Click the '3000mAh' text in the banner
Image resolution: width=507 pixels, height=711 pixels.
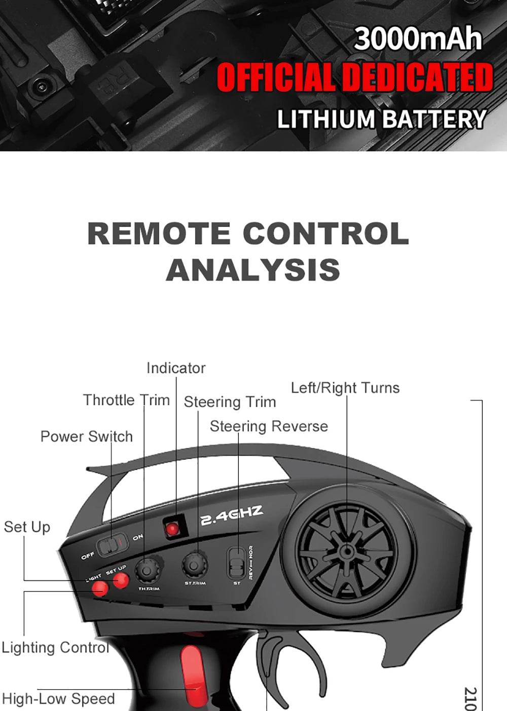pos(417,39)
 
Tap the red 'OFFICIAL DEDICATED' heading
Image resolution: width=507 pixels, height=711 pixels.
pos(354,78)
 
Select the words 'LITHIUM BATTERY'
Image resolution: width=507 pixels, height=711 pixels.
pos(381,120)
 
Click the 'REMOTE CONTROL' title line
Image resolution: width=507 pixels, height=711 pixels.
pos(248,233)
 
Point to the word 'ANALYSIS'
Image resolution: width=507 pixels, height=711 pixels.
pos(252,269)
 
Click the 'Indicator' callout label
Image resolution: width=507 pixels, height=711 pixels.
pos(176,368)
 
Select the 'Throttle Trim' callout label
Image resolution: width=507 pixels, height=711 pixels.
pos(126,400)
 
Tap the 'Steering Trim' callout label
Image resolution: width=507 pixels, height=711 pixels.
pos(230,402)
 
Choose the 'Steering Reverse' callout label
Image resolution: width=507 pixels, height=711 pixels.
pos(269,426)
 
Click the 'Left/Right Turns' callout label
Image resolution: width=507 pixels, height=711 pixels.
pos(345,388)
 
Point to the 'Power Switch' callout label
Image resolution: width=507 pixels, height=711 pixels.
pos(86,437)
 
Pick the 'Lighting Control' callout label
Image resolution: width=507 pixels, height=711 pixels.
pos(55,648)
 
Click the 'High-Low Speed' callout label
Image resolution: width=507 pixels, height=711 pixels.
pos(58,699)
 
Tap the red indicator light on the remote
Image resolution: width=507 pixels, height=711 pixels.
pos(173,529)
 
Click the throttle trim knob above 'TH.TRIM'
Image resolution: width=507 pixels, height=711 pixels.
pos(147,571)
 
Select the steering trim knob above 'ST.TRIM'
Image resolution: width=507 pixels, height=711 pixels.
pos(195,565)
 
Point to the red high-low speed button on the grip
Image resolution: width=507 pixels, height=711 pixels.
pos(192,674)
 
